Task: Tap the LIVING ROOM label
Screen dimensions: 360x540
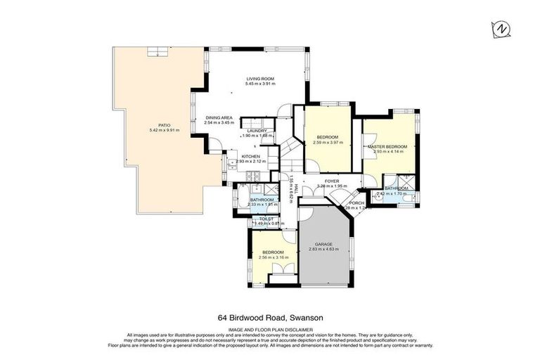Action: tap(259, 78)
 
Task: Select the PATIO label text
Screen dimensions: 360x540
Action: tap(165, 125)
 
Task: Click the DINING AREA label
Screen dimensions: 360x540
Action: tap(219, 117)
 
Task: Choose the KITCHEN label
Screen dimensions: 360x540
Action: tap(251, 156)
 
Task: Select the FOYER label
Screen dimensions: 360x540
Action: tap(332, 181)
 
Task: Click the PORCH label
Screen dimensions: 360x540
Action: tap(357, 202)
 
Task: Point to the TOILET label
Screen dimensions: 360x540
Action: tap(266, 219)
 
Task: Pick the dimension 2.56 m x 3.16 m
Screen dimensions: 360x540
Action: tap(273, 257)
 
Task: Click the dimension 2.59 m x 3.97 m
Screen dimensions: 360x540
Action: tap(328, 142)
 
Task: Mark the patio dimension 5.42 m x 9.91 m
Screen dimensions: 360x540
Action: tap(165, 131)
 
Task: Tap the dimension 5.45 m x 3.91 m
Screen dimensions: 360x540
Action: tap(259, 84)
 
